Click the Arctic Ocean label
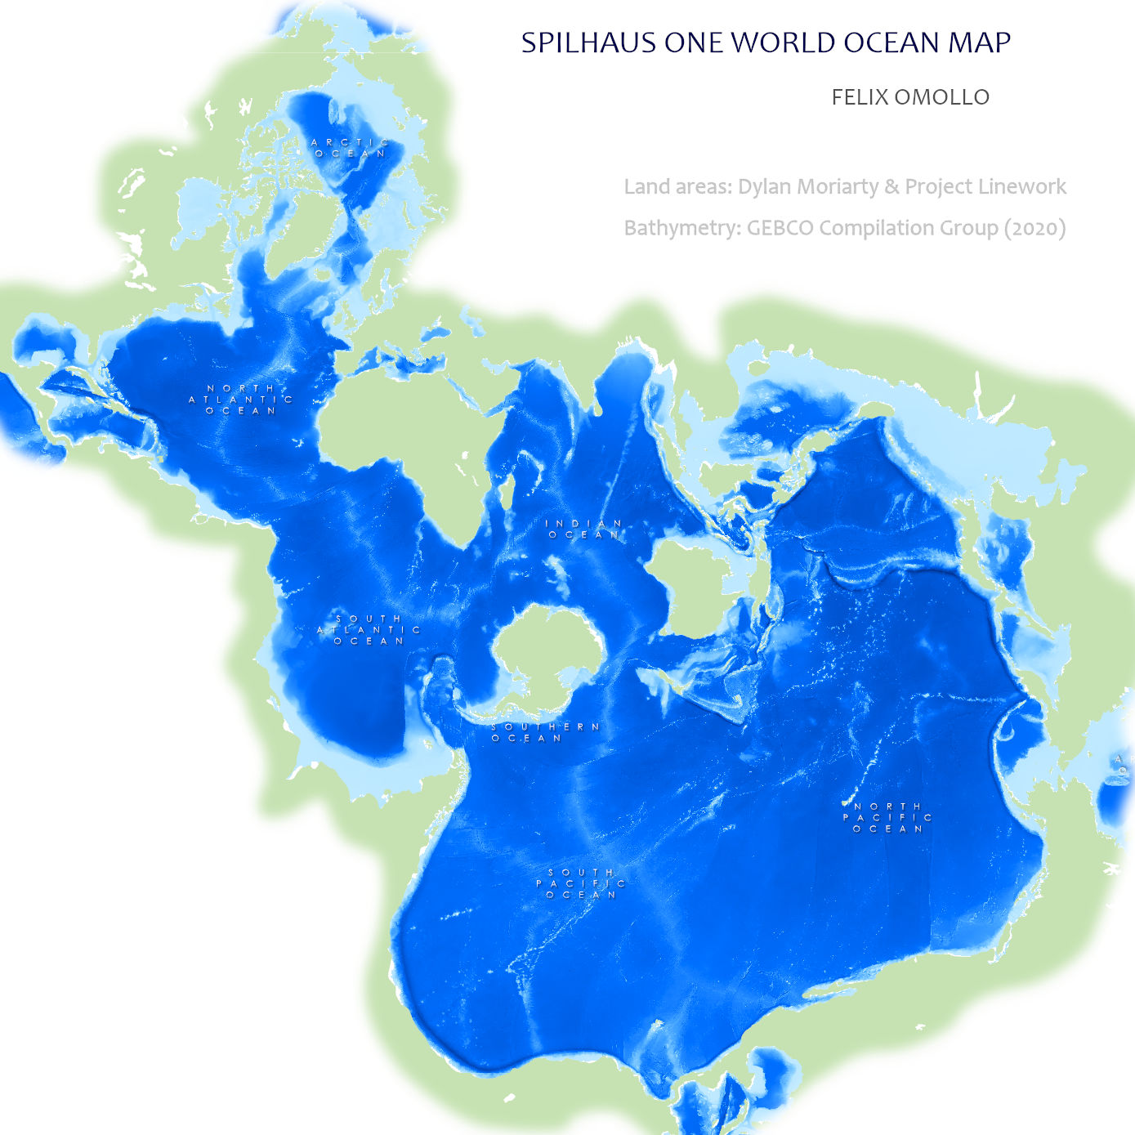pyautogui.click(x=350, y=148)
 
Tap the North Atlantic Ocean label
pyautogui.click(x=241, y=400)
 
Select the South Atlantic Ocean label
pyautogui.click(x=369, y=630)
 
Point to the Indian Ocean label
pyautogui.click(x=584, y=529)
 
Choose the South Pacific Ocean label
pyautogui.click(x=581, y=883)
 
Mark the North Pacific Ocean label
pyautogui.click(x=887, y=817)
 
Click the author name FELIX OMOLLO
pyautogui.click(x=910, y=97)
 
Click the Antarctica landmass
pyautogui.click(x=546, y=650)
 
